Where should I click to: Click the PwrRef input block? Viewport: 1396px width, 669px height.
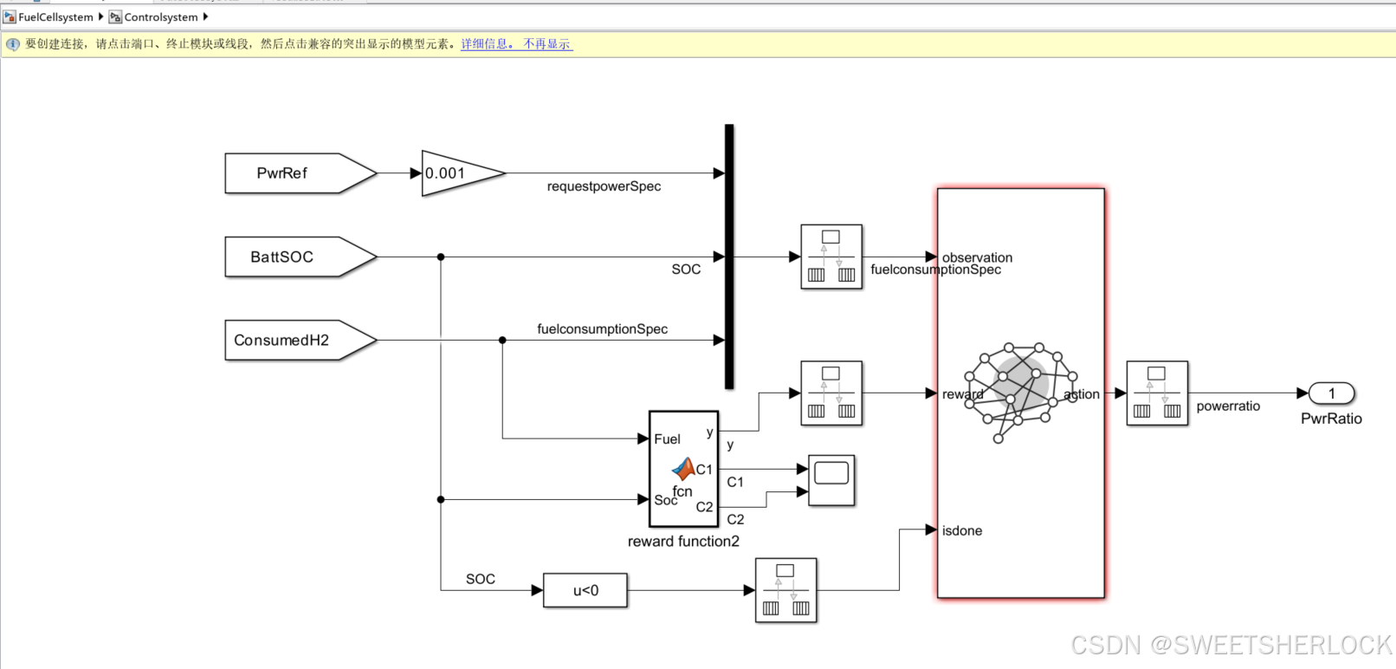294,173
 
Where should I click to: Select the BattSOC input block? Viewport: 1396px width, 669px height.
294,257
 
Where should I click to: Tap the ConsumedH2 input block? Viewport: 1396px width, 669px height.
294,341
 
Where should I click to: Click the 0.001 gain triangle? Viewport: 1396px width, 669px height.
455,173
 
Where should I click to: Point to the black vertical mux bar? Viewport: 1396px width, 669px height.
729,257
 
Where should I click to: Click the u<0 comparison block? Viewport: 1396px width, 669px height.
585,591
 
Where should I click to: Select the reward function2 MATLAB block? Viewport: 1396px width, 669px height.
683,469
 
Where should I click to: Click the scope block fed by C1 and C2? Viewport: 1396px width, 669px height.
831,480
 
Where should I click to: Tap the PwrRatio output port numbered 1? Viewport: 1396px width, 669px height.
1331,393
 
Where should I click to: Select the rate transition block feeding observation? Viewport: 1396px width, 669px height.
831,257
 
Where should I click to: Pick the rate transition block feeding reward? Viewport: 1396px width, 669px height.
831,393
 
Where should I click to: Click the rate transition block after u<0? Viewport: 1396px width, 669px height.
785,590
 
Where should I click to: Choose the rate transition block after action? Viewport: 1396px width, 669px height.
1157,393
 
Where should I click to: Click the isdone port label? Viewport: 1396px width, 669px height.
962,531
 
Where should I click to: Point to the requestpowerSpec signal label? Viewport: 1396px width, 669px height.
604,186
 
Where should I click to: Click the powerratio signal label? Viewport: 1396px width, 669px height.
1228,406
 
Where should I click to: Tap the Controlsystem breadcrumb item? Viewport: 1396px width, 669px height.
160,17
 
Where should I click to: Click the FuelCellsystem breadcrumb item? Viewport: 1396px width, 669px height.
55,17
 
